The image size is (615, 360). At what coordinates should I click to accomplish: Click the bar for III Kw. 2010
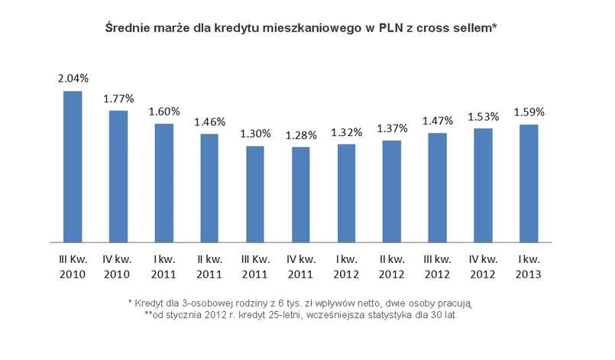coord(73,167)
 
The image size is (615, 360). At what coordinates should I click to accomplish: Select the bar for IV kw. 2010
coord(118,177)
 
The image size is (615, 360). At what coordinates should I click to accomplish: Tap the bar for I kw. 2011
coord(163,183)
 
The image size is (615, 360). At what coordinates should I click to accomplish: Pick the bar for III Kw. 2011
coord(255,194)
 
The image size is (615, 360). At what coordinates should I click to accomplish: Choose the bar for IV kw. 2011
coord(300,195)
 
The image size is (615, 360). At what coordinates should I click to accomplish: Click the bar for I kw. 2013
coord(528,183)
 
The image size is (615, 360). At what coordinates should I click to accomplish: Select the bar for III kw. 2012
coord(437,187)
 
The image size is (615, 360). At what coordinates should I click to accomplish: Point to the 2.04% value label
coord(73,78)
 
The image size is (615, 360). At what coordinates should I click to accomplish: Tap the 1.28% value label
coord(301,135)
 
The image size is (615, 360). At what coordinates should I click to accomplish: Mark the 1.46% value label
coord(209,122)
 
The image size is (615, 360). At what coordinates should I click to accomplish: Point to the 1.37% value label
coord(392,128)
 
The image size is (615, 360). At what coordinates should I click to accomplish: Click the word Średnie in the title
coord(126,28)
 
